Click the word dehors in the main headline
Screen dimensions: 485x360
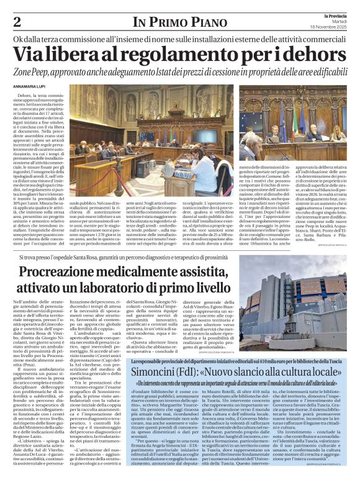tap(315, 55)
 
